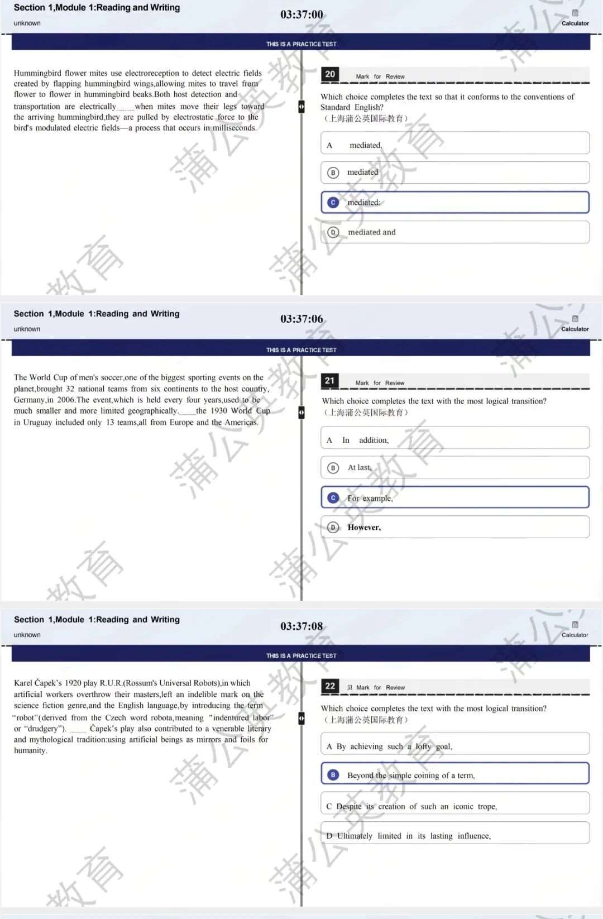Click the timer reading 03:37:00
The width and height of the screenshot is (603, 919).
[x=301, y=15]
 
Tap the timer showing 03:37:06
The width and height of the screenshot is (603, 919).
[x=301, y=319]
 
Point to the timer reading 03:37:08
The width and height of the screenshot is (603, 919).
[x=301, y=626]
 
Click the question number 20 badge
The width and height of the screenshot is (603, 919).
[x=330, y=74]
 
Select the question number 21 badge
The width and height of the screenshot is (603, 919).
[x=329, y=381]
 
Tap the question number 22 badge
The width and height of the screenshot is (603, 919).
[x=330, y=686]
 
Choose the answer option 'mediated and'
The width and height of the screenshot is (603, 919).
[x=371, y=232]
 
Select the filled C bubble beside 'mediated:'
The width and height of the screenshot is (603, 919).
[x=333, y=203]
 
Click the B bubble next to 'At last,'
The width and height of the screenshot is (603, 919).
[x=333, y=468]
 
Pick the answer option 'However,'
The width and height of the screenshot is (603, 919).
[x=364, y=528]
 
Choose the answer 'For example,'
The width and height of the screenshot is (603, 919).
[x=370, y=498]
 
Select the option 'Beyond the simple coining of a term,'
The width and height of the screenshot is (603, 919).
[x=410, y=776]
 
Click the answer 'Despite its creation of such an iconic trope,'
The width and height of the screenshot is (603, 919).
[x=411, y=806]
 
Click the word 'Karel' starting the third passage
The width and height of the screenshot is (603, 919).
[x=23, y=683]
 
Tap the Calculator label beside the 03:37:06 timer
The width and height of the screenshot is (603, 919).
[x=575, y=329]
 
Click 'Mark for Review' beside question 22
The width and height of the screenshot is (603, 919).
[x=380, y=688]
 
